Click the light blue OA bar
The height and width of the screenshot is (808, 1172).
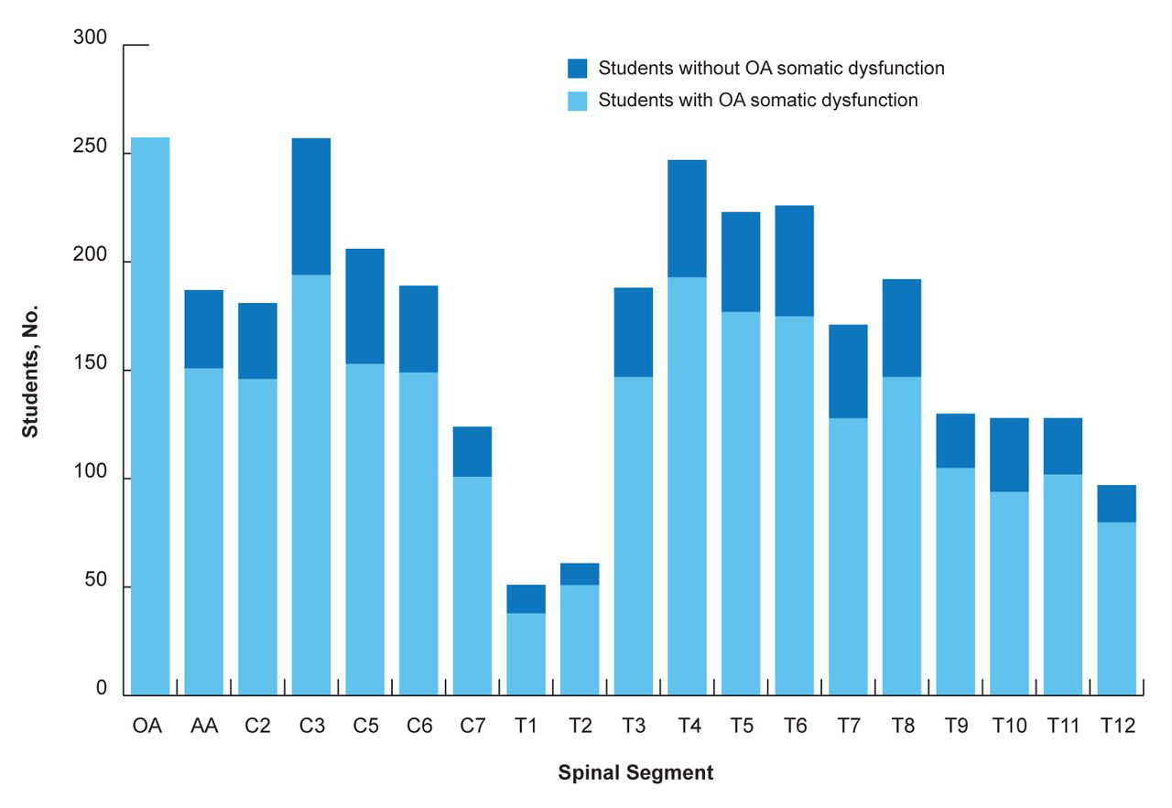[150, 416]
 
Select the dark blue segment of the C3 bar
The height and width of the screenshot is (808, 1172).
[311, 206]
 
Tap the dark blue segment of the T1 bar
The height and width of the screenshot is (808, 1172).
[526, 598]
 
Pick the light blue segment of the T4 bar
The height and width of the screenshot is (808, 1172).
[687, 485]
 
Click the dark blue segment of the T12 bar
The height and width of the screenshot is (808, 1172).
[1116, 503]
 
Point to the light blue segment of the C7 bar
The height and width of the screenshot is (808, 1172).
[472, 586]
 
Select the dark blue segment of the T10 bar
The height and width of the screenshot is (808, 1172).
[1009, 455]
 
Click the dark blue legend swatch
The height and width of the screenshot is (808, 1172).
[577, 69]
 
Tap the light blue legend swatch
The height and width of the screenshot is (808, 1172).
[577, 100]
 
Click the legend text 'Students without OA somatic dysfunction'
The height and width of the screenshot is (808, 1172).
[771, 69]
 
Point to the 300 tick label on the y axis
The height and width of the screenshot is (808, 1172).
[91, 38]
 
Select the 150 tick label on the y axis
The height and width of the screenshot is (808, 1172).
[91, 366]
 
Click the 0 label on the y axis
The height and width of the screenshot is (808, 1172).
[103, 690]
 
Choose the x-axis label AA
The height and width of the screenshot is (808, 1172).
[203, 727]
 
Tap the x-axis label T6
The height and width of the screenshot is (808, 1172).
[795, 727]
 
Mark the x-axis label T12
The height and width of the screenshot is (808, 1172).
[1116, 727]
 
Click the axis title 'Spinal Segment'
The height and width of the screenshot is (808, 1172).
[635, 772]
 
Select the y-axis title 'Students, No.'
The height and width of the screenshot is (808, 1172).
[31, 370]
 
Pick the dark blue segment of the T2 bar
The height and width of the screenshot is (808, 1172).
[580, 574]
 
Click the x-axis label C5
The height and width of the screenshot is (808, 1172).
[364, 727]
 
